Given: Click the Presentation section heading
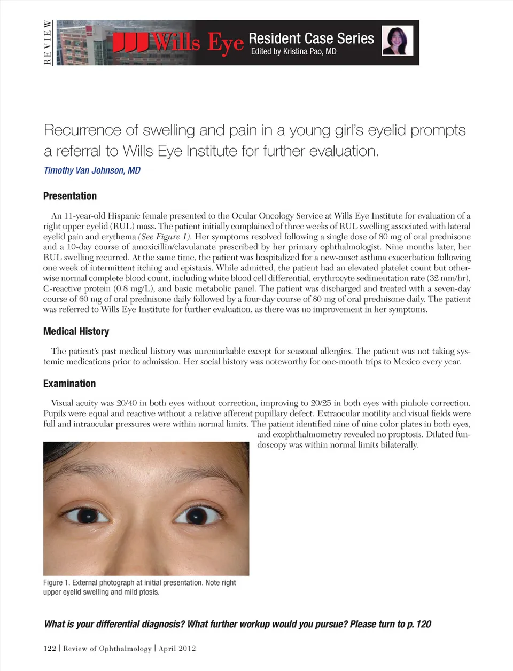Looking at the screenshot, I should click(70, 196).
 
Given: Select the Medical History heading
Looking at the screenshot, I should click(76, 331).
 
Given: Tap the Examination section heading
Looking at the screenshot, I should click(69, 384).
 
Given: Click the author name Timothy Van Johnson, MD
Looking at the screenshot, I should click(92, 170).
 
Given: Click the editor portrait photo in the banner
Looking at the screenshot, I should click(398, 41).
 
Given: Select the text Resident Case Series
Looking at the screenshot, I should click(311, 38).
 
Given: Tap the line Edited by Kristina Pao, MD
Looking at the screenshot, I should click(293, 52).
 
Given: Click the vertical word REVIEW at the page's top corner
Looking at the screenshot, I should click(48, 42).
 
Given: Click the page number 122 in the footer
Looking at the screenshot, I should click(50, 649).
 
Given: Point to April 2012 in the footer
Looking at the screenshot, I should click(177, 649).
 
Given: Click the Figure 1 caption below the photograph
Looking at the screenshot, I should click(139, 587).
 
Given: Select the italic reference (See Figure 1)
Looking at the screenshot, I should click(165, 237).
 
